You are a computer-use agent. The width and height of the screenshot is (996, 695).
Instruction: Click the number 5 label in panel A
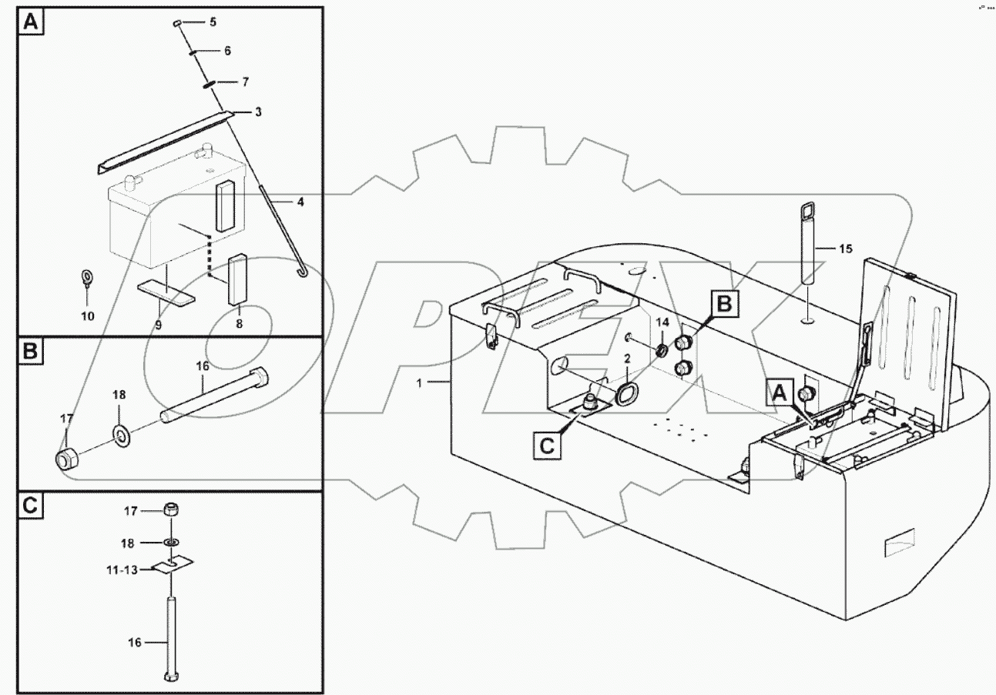(213, 22)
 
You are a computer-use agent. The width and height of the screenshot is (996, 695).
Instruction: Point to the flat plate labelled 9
(166, 290)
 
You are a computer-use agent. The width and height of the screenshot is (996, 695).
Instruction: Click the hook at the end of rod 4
(302, 271)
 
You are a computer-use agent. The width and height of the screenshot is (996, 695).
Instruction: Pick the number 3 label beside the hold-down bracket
(258, 112)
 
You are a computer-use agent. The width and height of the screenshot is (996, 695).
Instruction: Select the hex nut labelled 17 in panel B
(65, 459)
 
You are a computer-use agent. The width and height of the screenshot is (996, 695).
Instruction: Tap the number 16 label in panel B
(203, 367)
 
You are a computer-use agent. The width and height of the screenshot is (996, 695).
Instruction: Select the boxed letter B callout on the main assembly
(725, 304)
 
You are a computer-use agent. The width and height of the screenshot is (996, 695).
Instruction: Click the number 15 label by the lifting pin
(846, 249)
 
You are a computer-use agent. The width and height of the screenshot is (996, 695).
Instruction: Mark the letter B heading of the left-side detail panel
(29, 353)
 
